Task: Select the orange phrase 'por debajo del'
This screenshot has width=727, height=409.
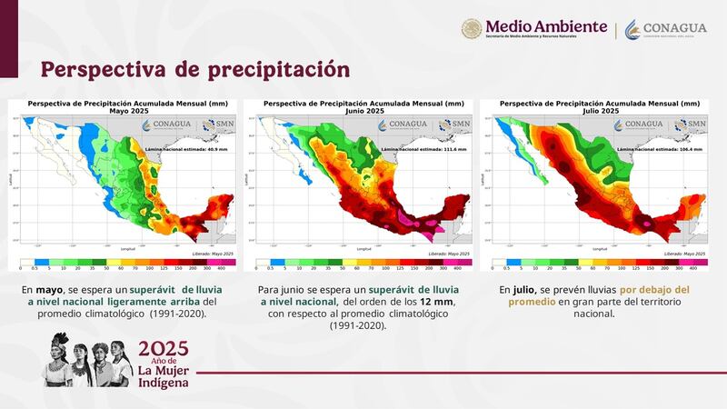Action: (x=653, y=289)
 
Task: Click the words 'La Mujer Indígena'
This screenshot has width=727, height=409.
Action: (x=164, y=374)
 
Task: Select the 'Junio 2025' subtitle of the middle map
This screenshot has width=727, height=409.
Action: (x=363, y=111)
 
